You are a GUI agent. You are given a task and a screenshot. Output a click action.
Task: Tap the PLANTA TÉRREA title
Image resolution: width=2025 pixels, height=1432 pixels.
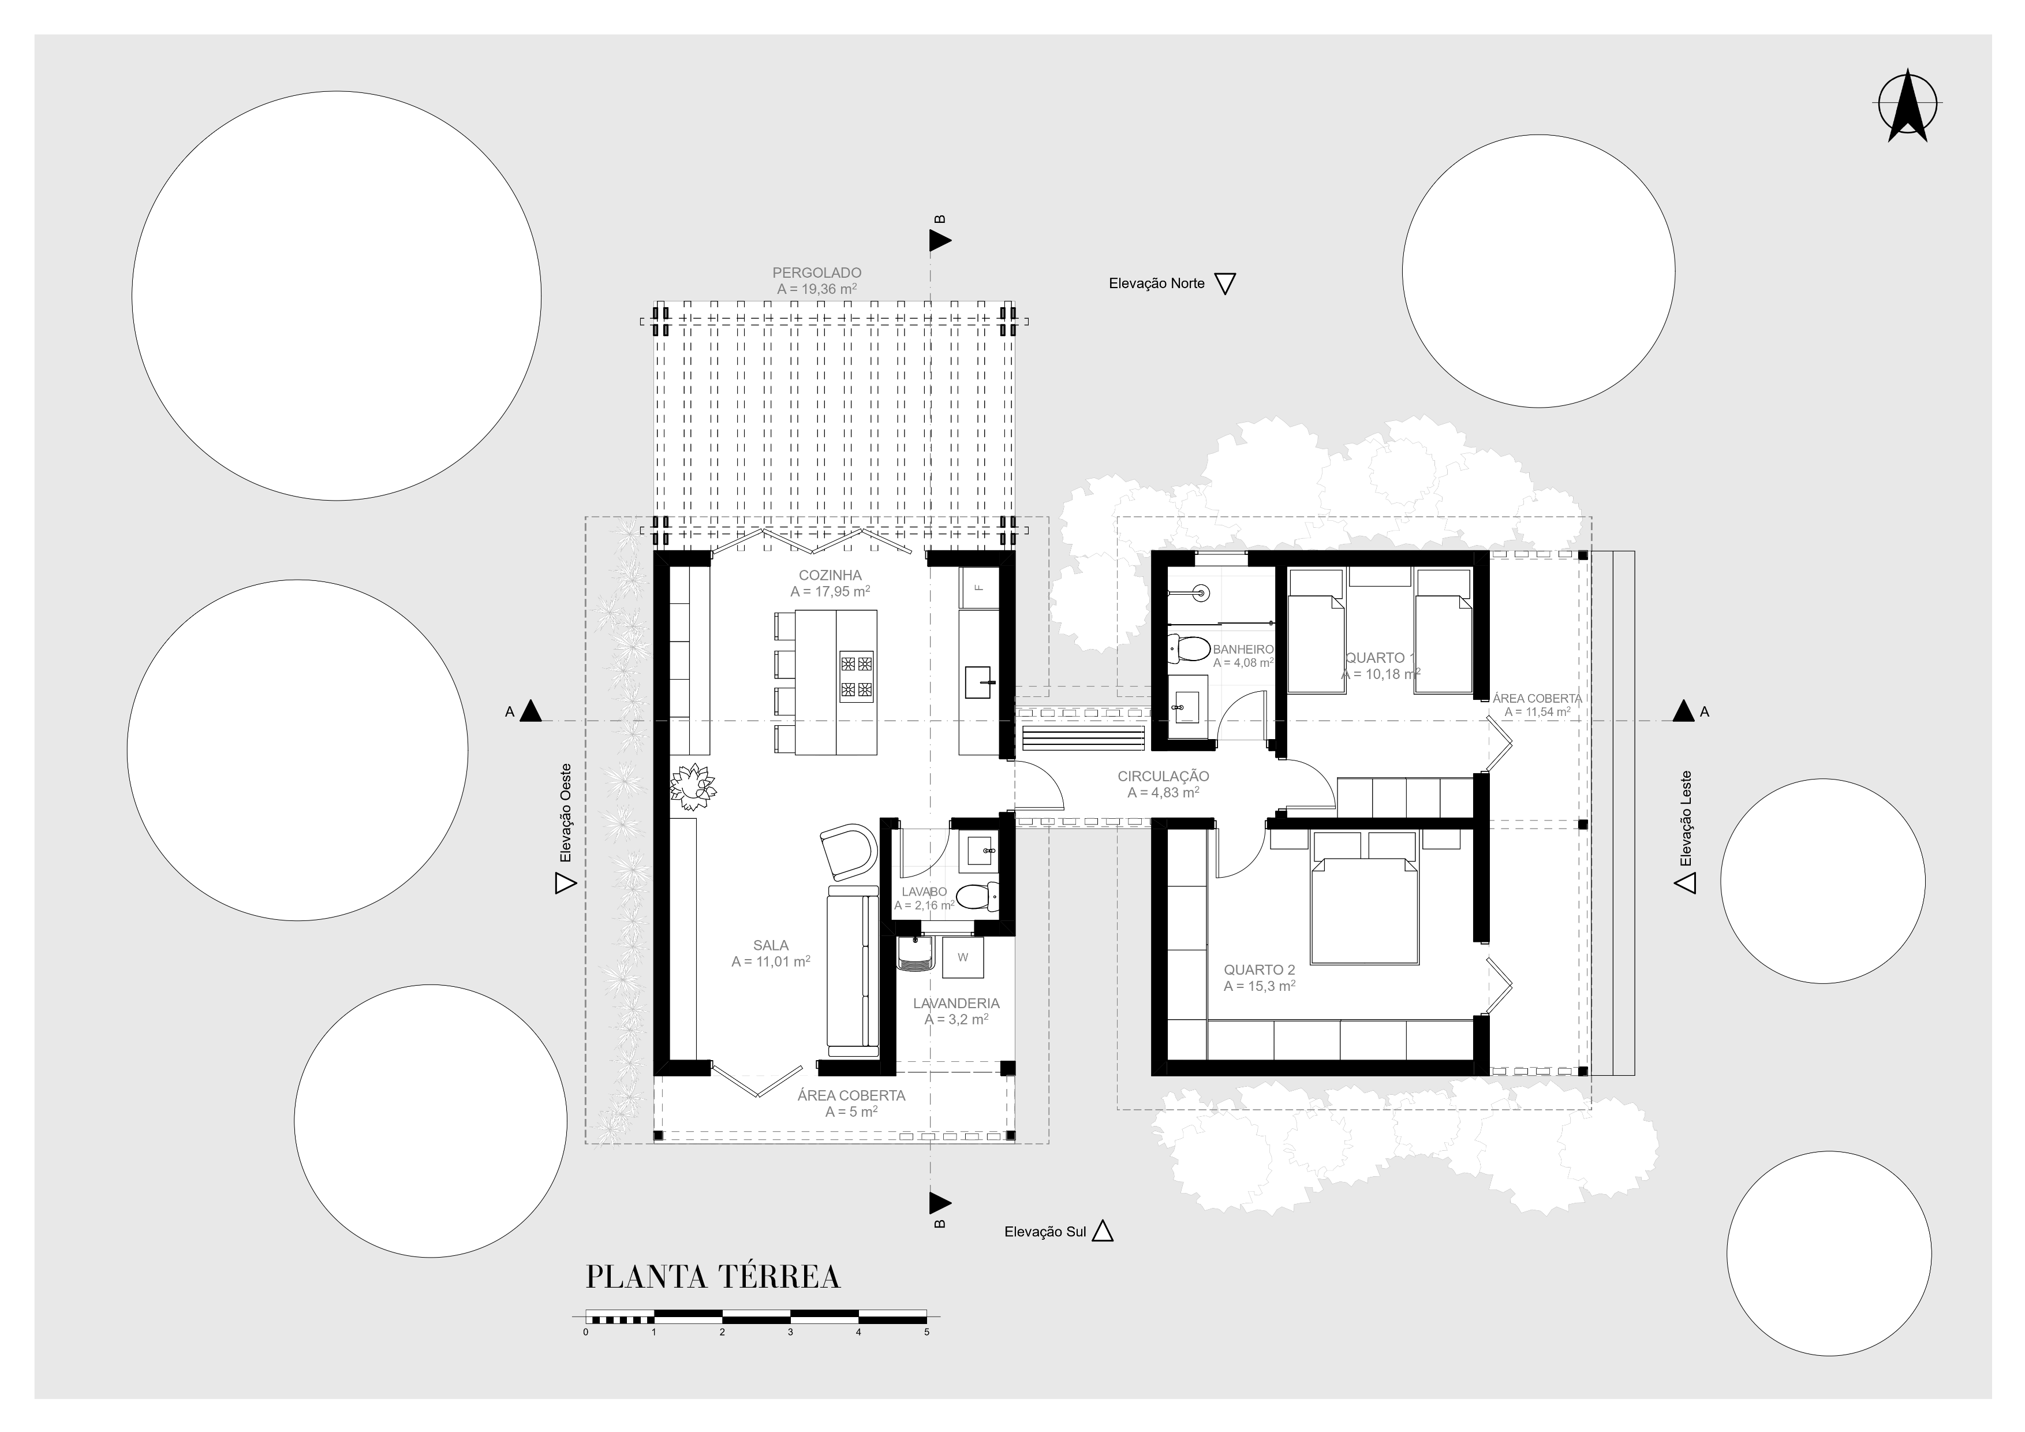713,1277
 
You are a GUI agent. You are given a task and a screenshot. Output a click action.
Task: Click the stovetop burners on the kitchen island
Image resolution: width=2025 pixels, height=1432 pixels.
857,676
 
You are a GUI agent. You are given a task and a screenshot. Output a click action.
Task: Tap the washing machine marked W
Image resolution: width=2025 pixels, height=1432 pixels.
962,957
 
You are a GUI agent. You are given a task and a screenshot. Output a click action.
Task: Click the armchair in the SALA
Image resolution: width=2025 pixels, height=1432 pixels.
849,851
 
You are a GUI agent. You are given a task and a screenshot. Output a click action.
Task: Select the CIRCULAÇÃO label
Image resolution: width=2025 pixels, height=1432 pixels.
1163,777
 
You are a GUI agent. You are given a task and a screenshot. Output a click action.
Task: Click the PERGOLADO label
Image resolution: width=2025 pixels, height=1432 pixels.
817,274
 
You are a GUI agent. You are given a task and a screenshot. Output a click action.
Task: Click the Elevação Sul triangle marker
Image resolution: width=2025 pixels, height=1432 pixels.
1103,1231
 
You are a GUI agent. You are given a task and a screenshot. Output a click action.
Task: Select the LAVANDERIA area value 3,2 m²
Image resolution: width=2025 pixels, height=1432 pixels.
956,1019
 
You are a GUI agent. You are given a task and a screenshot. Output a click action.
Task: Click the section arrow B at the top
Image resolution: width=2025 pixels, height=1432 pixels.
940,240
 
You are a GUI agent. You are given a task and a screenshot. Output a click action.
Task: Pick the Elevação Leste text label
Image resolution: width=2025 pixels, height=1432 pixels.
1686,819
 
